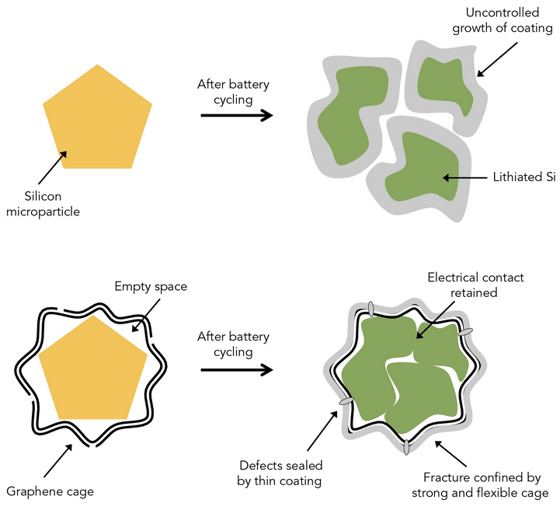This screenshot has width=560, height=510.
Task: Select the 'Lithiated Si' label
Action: (525, 177)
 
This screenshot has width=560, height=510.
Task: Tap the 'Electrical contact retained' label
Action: (476, 285)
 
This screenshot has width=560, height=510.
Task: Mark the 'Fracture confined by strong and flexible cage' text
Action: (486, 484)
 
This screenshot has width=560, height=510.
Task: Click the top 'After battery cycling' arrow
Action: (237, 116)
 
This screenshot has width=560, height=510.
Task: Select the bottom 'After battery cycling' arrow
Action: (237, 369)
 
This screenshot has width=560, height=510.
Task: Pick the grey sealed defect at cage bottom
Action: (406, 447)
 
